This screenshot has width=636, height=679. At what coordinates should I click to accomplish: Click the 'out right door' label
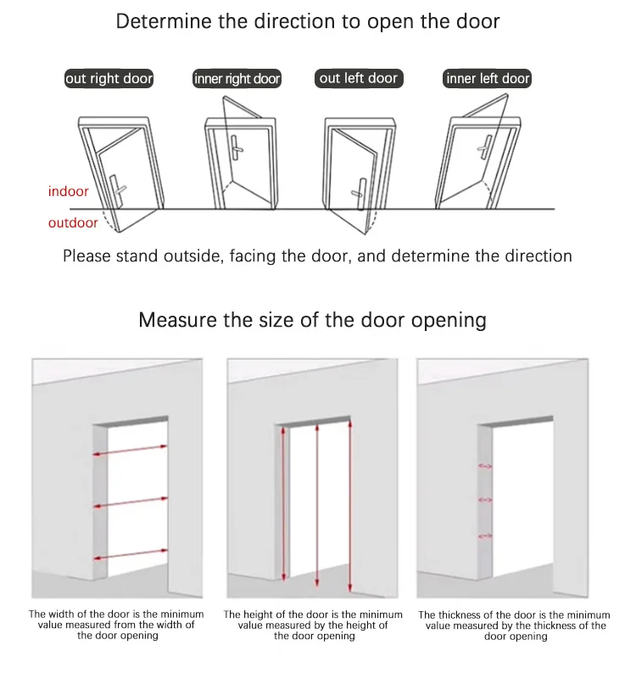pos(109,79)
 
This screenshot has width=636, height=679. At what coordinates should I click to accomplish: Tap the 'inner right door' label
pos(237,79)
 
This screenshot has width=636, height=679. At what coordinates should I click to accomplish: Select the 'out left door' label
pos(358,78)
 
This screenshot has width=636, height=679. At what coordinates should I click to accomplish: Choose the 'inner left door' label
pos(488,79)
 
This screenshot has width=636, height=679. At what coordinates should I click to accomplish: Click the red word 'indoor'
pos(68,192)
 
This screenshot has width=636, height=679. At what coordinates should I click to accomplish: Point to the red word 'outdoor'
pos(73,223)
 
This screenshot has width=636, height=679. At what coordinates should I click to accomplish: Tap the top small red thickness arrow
pos(486,466)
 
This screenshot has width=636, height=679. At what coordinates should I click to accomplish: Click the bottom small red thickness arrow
pos(486,536)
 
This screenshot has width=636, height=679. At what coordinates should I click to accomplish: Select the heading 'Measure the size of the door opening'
pos(313,320)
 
